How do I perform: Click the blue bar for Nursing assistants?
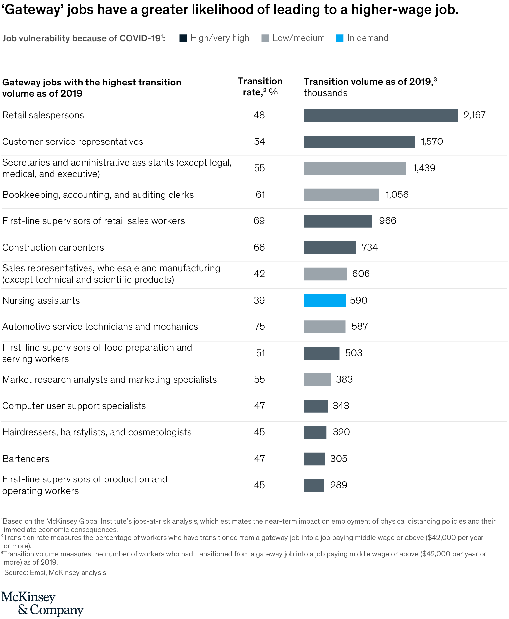[x=324, y=300]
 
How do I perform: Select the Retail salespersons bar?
[x=380, y=115]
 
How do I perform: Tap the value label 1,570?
[x=432, y=141]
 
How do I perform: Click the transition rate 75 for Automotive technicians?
[x=259, y=326]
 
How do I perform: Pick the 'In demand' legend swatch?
[x=340, y=38]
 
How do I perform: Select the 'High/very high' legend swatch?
[x=183, y=38]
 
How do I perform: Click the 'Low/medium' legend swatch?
[x=265, y=38]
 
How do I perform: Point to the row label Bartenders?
[x=26, y=459]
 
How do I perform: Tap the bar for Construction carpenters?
[x=330, y=248]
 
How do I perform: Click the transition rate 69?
[x=259, y=221]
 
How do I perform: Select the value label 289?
[x=339, y=485]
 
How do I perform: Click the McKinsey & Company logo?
[x=42, y=603]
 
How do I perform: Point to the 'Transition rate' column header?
[x=260, y=86]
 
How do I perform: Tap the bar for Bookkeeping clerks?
[x=341, y=195]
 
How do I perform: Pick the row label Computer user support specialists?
[x=74, y=406]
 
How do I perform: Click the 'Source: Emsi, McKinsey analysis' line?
[x=55, y=572]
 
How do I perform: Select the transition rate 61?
[x=260, y=195]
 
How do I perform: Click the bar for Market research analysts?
[x=317, y=379]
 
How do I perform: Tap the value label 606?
[x=361, y=274]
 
